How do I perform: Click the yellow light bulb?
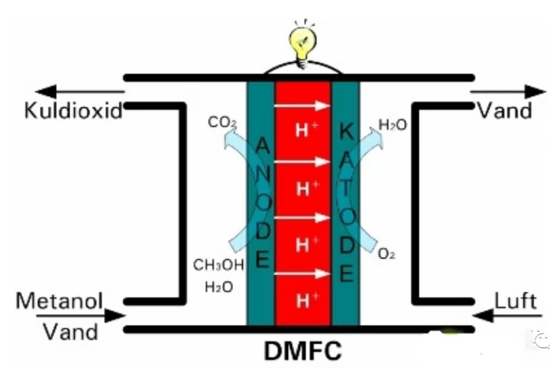303,45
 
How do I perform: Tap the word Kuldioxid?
73,111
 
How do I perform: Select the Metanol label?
59,301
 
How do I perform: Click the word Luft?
515,301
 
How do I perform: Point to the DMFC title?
303,351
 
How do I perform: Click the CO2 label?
223,122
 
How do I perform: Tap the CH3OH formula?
218,265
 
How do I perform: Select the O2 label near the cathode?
386,254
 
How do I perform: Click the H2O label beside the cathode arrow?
393,125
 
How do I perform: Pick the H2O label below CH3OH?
219,288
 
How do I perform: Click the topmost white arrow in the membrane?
301,105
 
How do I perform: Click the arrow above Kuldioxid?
80,92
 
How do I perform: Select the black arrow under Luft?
507,316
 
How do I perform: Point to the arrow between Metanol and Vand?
81,316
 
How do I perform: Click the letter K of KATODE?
346,132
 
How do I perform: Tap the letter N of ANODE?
263,174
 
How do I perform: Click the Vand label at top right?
505,111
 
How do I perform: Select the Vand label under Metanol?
70,331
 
